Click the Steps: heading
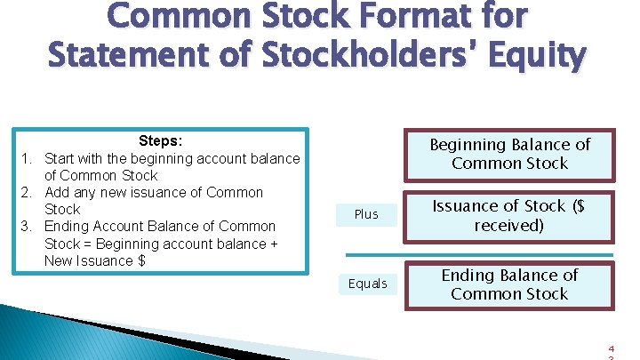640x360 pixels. click(161, 141)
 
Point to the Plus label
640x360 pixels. click(366, 214)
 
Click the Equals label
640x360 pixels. click(368, 284)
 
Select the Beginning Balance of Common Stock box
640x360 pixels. click(509, 154)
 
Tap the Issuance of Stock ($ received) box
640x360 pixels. click(509, 215)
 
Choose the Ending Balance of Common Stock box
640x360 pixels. click(509, 284)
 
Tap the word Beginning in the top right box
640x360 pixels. click(468, 145)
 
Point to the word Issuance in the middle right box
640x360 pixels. click(468, 206)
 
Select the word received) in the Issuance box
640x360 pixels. click(509, 225)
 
